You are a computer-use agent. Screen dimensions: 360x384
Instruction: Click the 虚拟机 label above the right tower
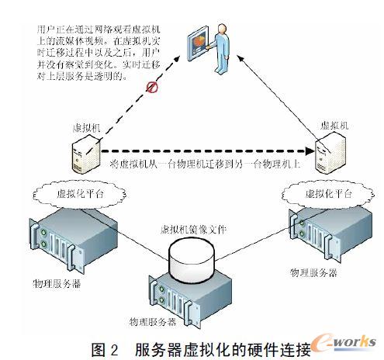pyautogui.click(x=333, y=122)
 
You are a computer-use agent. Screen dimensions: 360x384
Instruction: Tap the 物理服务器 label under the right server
pyautogui.click(x=313, y=273)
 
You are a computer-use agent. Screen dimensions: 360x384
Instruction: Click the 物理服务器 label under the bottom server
pyautogui.click(x=152, y=321)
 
